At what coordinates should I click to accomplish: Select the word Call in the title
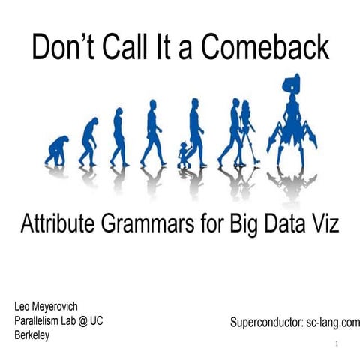(129, 47)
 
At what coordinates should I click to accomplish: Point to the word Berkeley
(32, 335)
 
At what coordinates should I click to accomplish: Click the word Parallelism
(43, 321)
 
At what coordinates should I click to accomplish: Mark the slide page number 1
(337, 344)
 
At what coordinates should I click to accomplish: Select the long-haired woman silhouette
(246, 127)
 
